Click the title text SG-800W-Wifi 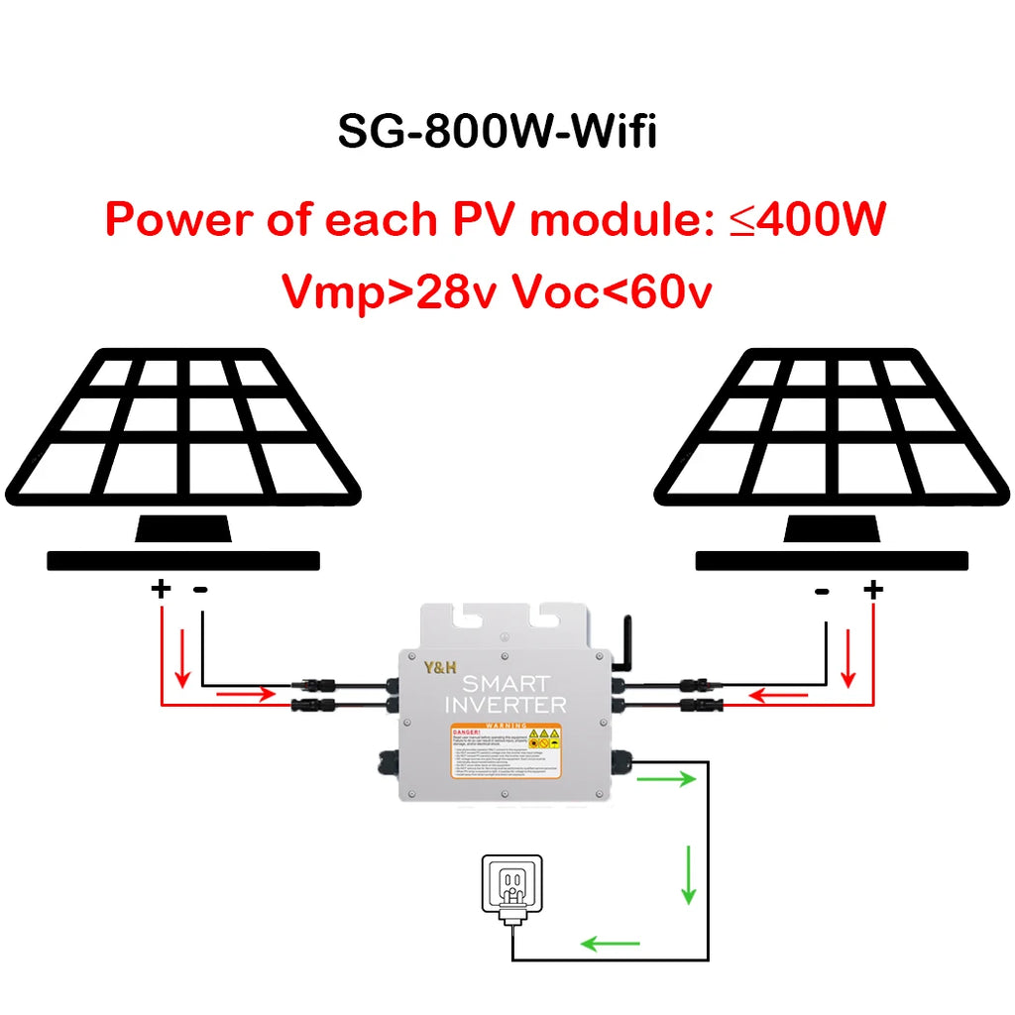pos(497,132)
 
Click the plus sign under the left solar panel pos(161,590)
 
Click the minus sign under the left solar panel pos(201,590)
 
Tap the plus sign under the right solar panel pos(872,591)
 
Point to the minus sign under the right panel pos(822,592)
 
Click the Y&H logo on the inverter pos(435,669)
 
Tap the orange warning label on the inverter pos(506,750)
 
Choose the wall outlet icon pos(511,887)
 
